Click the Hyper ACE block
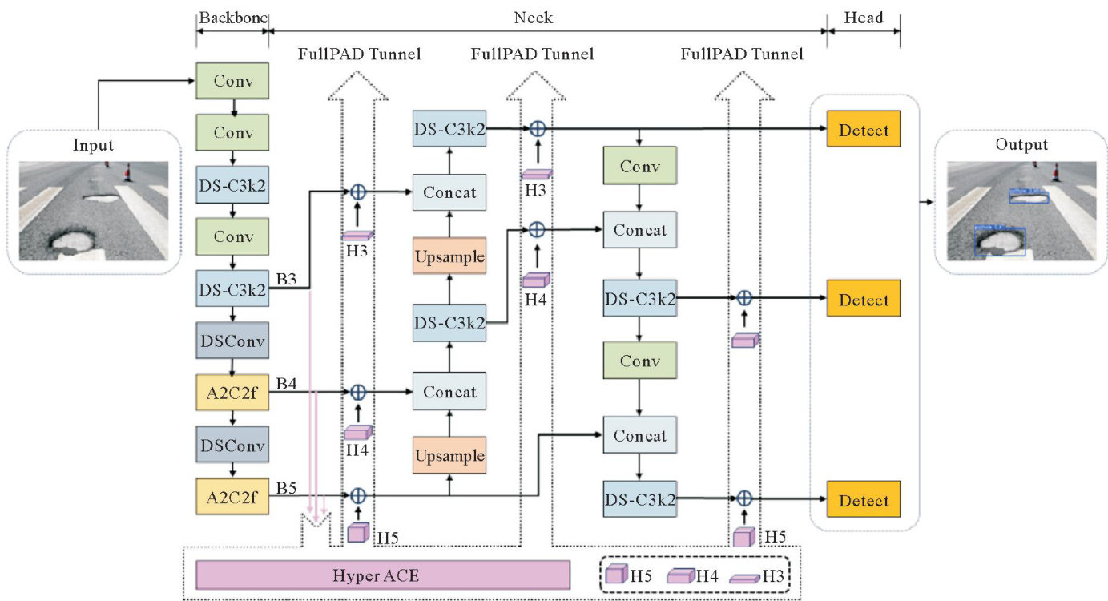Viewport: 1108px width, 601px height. coord(383,575)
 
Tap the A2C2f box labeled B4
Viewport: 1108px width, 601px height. coord(232,392)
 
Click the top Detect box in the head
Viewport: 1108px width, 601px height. coord(864,130)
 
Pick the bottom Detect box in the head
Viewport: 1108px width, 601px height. coord(864,501)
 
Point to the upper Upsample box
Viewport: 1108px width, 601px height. coord(449,256)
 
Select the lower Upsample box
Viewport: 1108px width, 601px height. coord(449,456)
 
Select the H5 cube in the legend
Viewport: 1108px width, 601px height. coord(616,575)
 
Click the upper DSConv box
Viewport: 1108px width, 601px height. coord(232,341)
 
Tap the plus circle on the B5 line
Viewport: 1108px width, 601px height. coord(358,495)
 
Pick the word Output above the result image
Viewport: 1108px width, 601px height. coord(1021,145)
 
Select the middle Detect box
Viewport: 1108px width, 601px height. coord(864,300)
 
